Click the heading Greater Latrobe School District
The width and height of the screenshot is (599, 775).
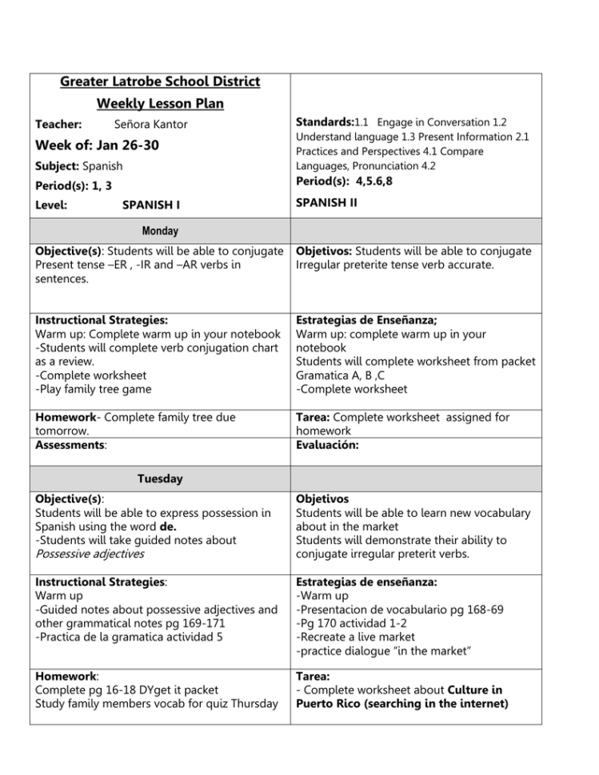pyautogui.click(x=160, y=82)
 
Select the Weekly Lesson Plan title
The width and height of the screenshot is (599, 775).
pyautogui.click(x=160, y=104)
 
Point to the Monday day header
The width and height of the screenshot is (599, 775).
pyautogui.click(x=160, y=231)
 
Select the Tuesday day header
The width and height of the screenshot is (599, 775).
pyautogui.click(x=160, y=479)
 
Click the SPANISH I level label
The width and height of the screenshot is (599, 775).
pyautogui.click(x=150, y=205)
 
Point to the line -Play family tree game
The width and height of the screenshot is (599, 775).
pyautogui.click(x=89, y=389)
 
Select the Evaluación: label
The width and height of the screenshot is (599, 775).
pyautogui.click(x=327, y=446)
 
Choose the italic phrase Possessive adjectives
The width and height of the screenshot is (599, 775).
pyautogui.click(x=90, y=554)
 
